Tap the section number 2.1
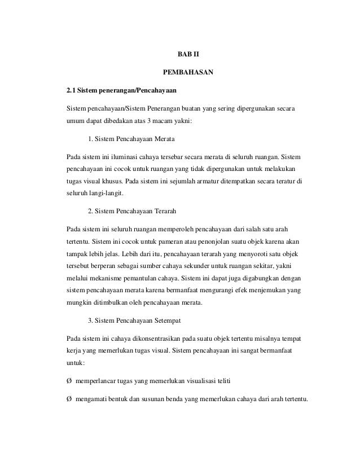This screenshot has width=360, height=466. [x=71, y=90]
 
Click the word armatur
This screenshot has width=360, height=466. [x=218, y=182]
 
